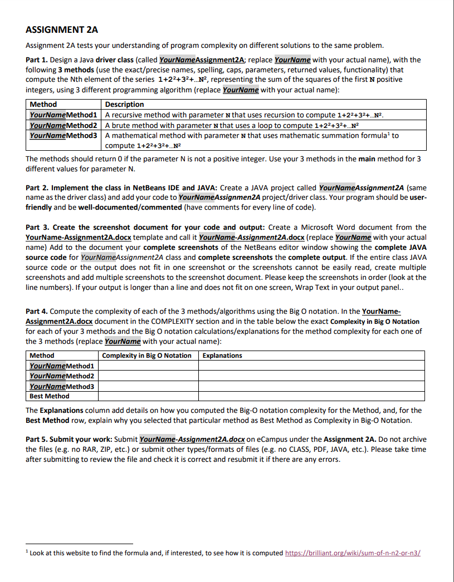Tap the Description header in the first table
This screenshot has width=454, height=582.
[125, 105]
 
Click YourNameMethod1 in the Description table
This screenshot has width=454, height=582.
[63, 115]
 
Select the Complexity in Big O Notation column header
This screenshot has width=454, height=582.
[147, 356]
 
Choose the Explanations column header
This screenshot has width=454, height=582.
[222, 356]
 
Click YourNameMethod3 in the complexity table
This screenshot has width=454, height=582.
[62, 386]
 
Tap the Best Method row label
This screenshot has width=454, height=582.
[50, 396]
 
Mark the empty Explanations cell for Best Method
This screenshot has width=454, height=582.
[312, 396]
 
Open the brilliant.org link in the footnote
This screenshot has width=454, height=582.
[353, 553]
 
